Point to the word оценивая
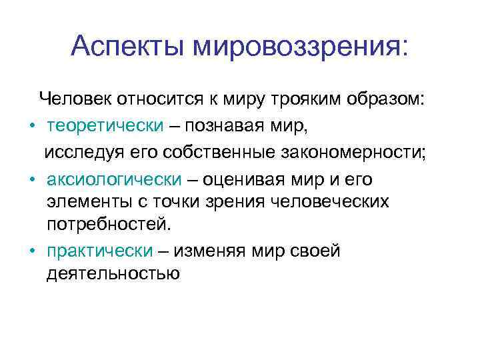click(246, 180)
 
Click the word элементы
click(83, 201)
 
